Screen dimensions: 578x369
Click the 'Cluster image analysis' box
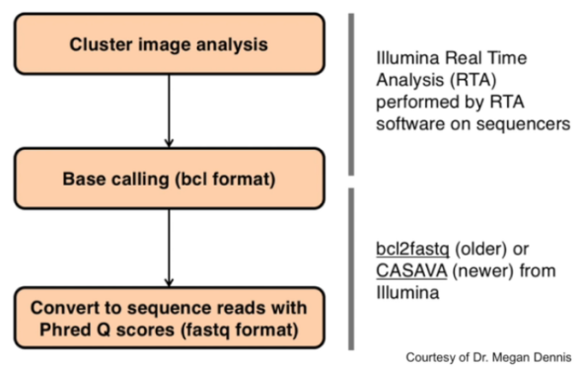(170, 43)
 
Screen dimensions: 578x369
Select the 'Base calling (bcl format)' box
(170, 179)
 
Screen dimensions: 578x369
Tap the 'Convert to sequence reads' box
(170, 318)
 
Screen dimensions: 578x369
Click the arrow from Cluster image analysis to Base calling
(170, 111)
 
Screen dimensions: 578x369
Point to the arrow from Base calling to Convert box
(170, 248)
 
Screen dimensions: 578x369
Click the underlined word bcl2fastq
(412, 250)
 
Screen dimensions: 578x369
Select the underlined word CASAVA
(411, 271)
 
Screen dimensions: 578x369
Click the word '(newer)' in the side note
(483, 271)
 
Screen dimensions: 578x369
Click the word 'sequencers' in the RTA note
(523, 124)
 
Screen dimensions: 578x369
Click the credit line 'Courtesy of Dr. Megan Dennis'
(488, 357)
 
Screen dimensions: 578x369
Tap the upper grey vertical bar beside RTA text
(351, 95)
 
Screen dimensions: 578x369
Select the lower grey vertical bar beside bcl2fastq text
(351, 268)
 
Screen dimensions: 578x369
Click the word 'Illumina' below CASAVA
(407, 293)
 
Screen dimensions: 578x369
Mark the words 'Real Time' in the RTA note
(486, 58)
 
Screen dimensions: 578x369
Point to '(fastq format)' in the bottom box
(240, 330)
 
